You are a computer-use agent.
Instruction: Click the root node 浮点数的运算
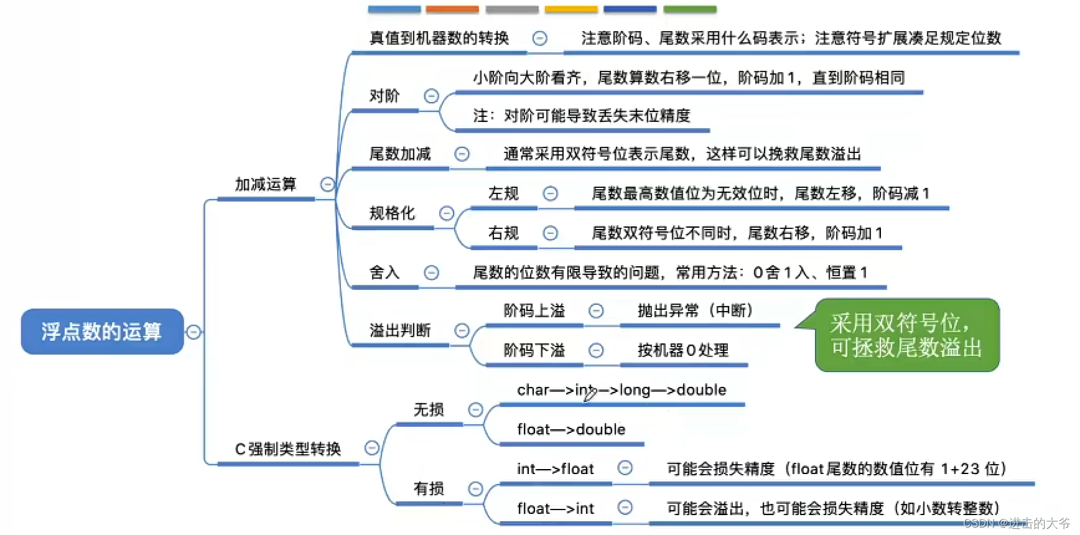[x=102, y=332]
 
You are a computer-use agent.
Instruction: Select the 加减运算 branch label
[x=266, y=184]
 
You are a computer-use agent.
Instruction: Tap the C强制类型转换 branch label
[x=288, y=449]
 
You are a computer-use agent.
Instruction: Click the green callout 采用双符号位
[x=906, y=335]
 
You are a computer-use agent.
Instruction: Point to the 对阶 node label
[x=384, y=96]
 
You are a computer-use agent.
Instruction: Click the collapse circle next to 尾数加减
[x=462, y=154]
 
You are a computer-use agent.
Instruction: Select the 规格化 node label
[x=392, y=213]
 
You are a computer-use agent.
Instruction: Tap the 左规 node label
[x=503, y=193]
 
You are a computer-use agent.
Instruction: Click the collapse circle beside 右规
[x=550, y=233]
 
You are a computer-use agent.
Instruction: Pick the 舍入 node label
[x=384, y=272]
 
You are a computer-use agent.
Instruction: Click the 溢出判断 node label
[x=400, y=330]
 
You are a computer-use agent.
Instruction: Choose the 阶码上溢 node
[x=534, y=311]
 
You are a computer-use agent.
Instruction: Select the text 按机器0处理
[x=683, y=350]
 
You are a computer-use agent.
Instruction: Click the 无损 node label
[x=429, y=409]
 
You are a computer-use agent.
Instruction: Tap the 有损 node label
[x=429, y=488]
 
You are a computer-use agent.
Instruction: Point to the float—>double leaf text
[x=571, y=429]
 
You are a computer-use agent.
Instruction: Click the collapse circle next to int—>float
[x=625, y=468]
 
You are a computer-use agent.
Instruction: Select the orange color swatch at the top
[x=452, y=9]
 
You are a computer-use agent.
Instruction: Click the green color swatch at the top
[x=690, y=9]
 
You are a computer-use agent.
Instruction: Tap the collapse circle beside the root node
[x=193, y=332]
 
